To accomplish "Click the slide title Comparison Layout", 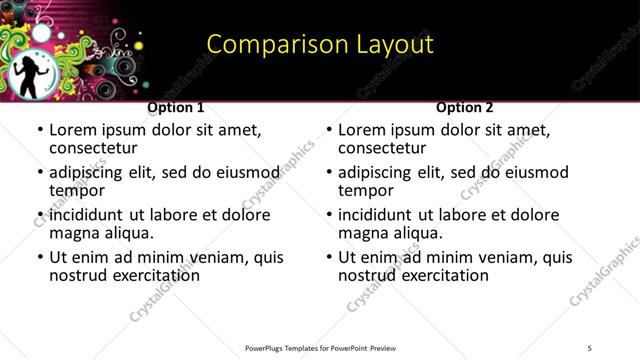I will click(320, 44).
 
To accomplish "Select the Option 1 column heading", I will click(176, 107).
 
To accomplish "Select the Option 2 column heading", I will click(465, 107).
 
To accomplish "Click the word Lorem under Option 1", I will click(72, 129).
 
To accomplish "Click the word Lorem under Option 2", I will click(361, 129).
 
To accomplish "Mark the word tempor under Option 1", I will click(77, 191).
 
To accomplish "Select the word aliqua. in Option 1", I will click(127, 234).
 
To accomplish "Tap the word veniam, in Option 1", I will click(216, 257).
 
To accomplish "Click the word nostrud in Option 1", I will click(80, 275).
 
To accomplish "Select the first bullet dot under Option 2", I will click(329, 130).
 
